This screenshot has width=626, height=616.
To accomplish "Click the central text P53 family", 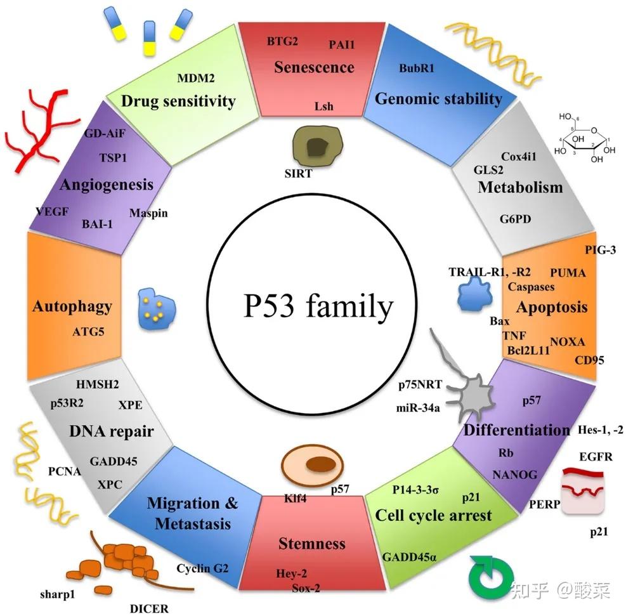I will click(318, 308).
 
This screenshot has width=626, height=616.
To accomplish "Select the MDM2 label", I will click(196, 78).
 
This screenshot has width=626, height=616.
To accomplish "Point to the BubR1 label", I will click(416, 69).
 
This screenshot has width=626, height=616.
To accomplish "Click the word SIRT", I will click(299, 173).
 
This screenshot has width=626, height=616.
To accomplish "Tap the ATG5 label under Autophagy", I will click(88, 331).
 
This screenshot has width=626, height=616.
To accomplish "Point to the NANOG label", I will click(514, 474).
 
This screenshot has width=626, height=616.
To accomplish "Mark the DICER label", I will click(149, 608).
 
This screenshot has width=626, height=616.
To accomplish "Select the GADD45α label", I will click(409, 557).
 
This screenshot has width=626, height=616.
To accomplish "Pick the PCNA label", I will click(64, 471).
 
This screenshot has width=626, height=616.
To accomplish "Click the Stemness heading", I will click(312, 543).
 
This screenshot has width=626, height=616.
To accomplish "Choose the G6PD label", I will click(515, 220).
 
